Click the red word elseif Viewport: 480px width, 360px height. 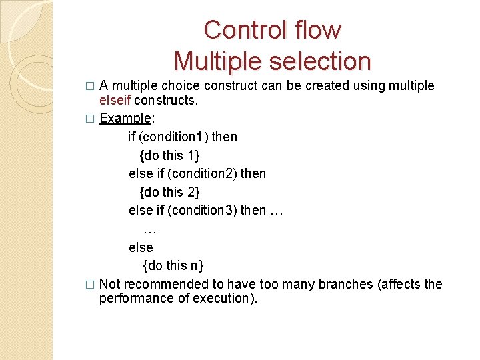point(115,100)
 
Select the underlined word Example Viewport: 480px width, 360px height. point(125,118)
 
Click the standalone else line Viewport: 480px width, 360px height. point(141,247)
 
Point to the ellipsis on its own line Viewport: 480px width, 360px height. point(149,230)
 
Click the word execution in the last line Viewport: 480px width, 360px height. point(224,299)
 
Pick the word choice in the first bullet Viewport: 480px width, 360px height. point(182,85)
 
